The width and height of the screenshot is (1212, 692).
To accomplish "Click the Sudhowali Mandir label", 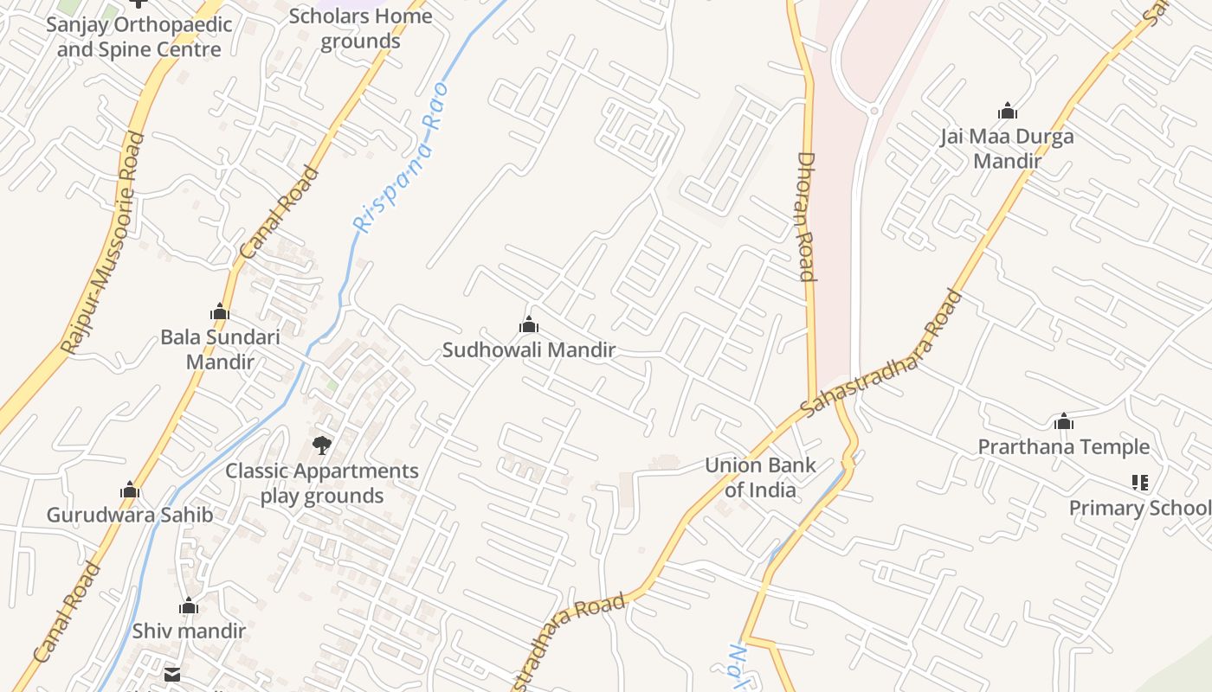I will click(x=529, y=350).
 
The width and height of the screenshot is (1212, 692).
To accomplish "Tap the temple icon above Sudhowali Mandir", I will click(x=528, y=325).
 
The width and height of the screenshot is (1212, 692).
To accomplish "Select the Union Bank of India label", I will click(x=760, y=477).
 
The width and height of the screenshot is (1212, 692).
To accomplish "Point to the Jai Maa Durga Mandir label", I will click(x=1007, y=149).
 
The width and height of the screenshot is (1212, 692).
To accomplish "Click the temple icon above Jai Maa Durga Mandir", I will click(x=1007, y=112).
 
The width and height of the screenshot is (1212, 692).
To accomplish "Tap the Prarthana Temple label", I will click(x=1064, y=447).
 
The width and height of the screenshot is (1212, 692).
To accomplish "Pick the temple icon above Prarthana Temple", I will click(x=1064, y=422).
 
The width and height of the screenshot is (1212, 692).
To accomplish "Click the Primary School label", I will click(x=1139, y=508).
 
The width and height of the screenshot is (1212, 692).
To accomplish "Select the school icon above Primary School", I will click(x=1139, y=483).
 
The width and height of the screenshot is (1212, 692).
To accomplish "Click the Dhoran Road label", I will click(x=806, y=217).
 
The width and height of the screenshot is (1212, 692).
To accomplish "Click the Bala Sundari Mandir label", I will click(x=220, y=349).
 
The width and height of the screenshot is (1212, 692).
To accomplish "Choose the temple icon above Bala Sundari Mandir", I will click(x=220, y=311).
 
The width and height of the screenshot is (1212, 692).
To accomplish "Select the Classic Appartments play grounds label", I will click(x=322, y=484).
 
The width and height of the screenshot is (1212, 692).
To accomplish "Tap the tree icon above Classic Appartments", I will click(x=322, y=445).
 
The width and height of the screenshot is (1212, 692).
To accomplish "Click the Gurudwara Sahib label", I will click(x=130, y=516).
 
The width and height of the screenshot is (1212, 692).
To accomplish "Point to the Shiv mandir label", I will click(x=189, y=631).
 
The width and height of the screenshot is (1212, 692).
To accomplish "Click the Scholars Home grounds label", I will click(x=360, y=29).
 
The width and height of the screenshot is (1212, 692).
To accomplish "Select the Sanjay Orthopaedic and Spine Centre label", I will click(x=139, y=36).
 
